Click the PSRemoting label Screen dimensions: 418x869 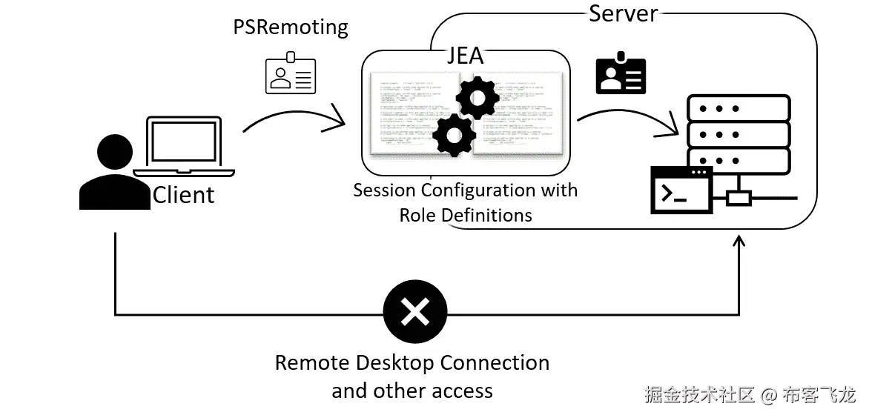tap(291, 28)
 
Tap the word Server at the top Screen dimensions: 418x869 tap(623, 13)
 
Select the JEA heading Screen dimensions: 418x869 tap(465, 56)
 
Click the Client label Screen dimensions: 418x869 tap(183, 195)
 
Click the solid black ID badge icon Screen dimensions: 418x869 tap(621, 73)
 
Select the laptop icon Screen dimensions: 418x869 tap(184, 147)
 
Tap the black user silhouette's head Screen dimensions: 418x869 tap(114, 154)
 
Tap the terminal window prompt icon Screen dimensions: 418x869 tap(681, 190)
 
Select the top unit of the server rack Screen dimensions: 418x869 tap(738, 108)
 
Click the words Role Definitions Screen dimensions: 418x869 tap(466, 215)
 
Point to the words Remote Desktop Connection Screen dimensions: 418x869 tap(412, 363)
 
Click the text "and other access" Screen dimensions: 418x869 tap(412, 391)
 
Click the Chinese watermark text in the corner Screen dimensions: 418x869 tap(749, 395)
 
